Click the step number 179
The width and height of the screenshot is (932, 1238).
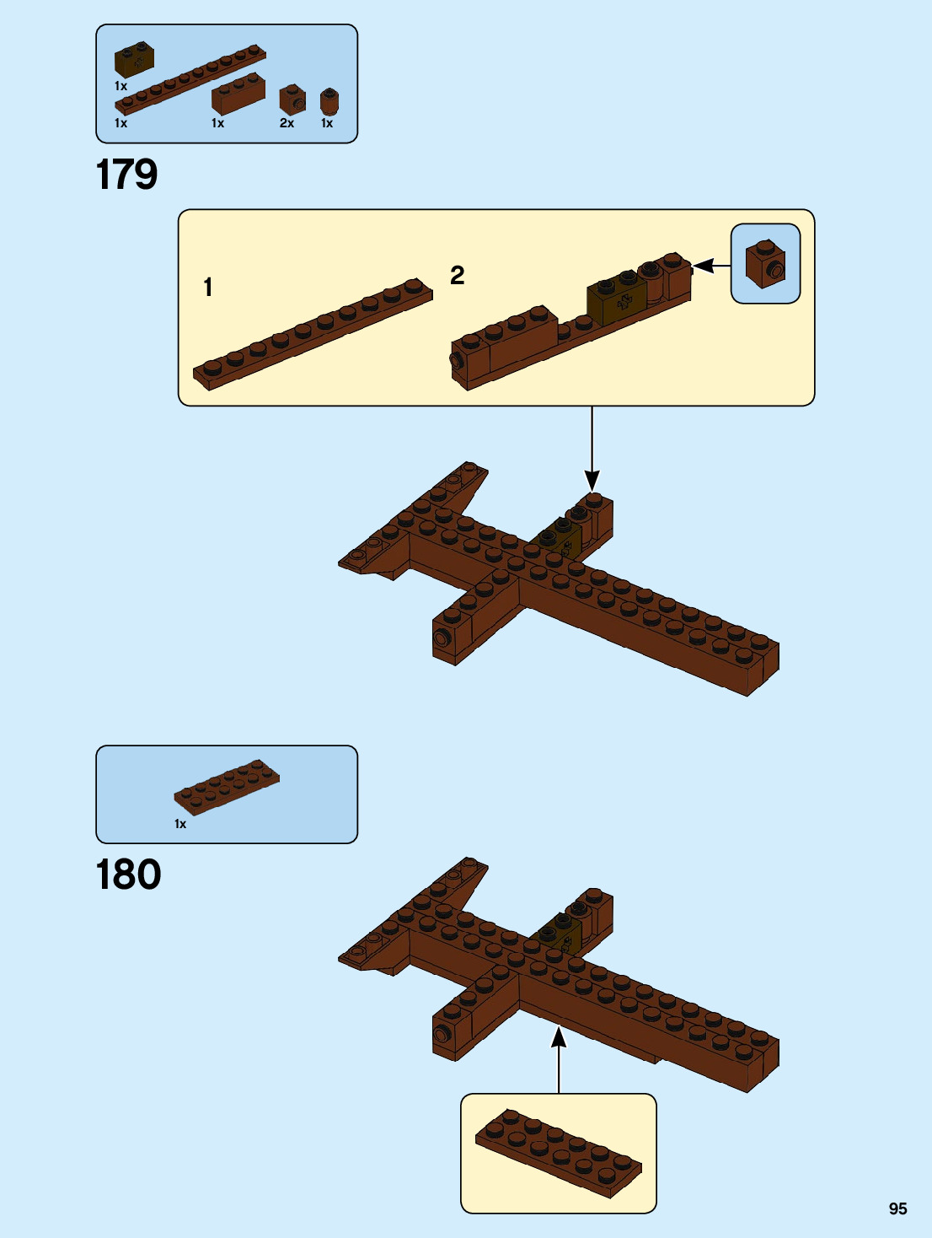[x=127, y=175]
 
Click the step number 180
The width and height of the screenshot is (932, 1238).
[x=129, y=875]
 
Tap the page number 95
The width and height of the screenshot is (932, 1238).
[x=897, y=1208]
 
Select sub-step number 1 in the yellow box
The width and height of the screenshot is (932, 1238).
[x=208, y=288]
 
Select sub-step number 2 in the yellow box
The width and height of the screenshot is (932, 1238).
[x=458, y=275]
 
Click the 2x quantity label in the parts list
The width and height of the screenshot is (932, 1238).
[x=287, y=123]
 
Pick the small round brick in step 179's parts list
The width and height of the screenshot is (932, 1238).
[x=329, y=102]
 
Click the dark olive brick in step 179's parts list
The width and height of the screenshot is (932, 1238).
[x=134, y=60]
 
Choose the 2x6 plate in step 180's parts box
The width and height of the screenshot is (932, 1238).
[x=227, y=787]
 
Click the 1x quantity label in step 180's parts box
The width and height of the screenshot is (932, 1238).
[x=180, y=824]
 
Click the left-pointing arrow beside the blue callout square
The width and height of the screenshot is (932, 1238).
[x=710, y=266]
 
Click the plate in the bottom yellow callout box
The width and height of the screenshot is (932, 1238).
[x=558, y=1151]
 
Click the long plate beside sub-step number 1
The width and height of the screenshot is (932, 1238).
[x=313, y=333]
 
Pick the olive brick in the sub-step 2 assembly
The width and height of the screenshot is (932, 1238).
[x=617, y=300]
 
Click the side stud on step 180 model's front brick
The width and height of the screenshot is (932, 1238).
[x=442, y=1034]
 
